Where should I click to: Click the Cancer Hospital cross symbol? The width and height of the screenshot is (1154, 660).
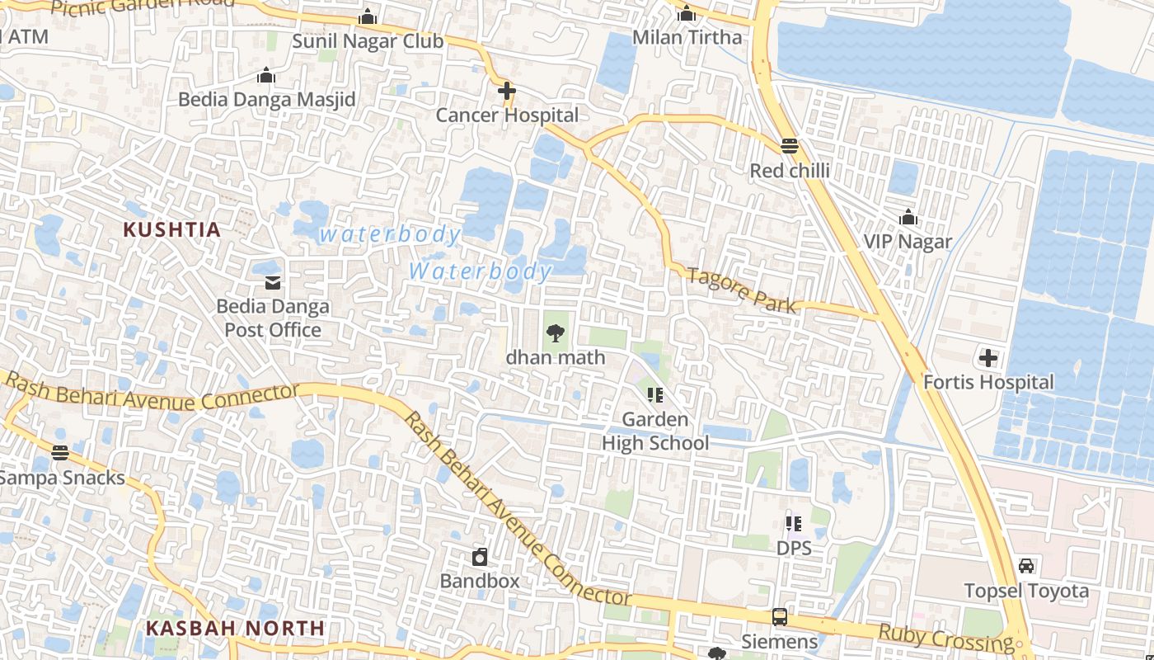[507, 91]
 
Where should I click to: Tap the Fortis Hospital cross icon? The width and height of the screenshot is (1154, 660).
[987, 358]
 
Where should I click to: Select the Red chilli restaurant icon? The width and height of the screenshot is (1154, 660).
[790, 146]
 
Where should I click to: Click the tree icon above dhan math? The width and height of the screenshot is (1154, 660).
[556, 333]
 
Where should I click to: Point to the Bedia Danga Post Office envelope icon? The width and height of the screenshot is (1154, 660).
[272, 283]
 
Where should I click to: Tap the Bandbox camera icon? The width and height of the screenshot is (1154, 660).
[480, 557]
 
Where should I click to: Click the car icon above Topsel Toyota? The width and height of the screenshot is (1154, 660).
[1026, 566]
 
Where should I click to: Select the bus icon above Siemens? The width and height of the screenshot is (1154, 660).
[779, 616]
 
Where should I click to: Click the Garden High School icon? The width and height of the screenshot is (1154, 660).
[655, 395]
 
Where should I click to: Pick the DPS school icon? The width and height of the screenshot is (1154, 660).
[794, 523]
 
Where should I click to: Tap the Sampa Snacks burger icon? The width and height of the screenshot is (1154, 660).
[59, 453]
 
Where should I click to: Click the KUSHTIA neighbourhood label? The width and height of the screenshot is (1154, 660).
[172, 230]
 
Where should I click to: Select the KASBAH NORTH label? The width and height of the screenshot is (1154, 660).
[235, 629]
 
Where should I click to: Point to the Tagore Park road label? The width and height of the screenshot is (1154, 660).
[742, 290]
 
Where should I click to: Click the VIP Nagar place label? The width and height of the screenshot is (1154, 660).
[908, 242]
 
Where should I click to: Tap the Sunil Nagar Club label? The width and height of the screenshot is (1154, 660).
[368, 41]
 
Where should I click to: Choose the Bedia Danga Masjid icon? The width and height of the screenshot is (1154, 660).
[265, 76]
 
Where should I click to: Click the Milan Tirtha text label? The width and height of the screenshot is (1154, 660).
[687, 38]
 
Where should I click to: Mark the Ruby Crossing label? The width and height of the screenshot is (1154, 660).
[945, 639]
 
